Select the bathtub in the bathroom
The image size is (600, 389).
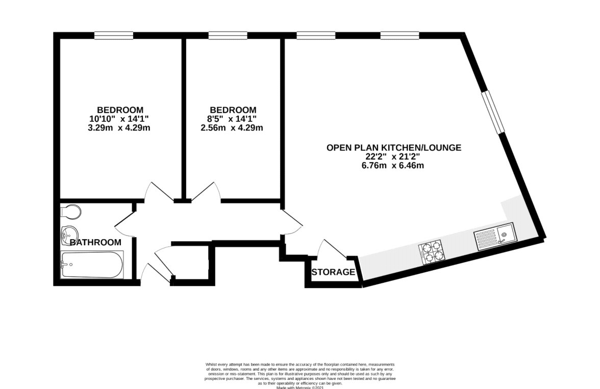pos(92,265)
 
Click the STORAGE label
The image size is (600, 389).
pos(333,272)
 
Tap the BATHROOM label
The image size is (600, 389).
pos(96,242)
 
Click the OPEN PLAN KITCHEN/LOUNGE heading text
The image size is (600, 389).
pos(394,148)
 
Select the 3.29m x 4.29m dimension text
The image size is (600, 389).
pos(119,127)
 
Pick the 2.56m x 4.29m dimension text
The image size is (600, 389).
pos(232,127)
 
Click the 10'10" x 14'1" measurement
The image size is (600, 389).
pos(119,119)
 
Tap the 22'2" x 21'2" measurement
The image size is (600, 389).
pos(393,157)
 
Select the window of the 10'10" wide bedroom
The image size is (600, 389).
pos(114,35)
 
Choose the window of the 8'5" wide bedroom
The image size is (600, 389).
pos(228,35)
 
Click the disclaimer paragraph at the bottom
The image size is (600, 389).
pos(300,376)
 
